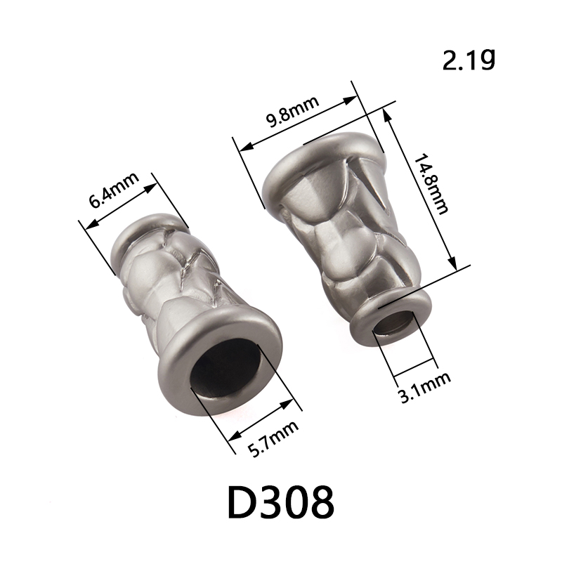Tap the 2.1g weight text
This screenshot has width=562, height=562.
click(x=469, y=60)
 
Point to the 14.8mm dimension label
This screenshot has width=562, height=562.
click(x=431, y=183)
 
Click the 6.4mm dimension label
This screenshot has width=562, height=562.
click(x=114, y=190)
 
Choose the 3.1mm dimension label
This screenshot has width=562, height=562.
click(x=425, y=387)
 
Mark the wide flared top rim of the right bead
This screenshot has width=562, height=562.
click(x=322, y=154)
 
